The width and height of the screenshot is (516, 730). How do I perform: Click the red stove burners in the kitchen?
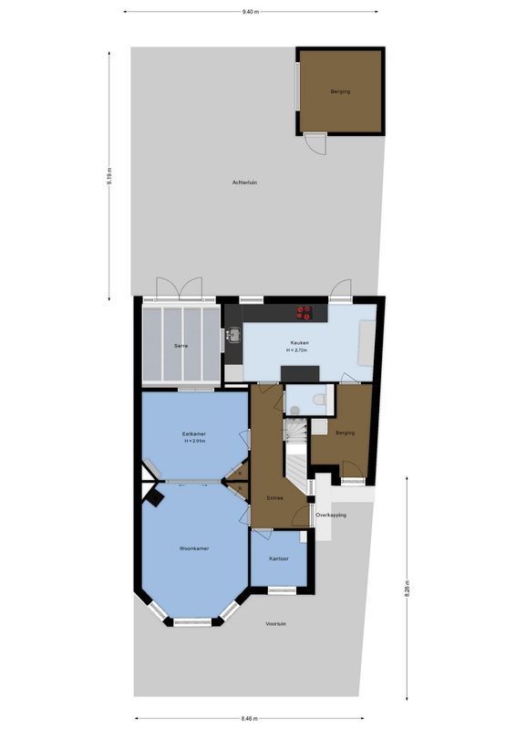coord(304,312)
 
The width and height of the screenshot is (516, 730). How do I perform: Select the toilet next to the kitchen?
coord(317,399)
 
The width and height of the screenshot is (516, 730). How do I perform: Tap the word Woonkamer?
coord(194,548)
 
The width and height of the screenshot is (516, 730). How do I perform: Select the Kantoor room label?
coord(279,558)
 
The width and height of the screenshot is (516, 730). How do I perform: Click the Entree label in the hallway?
coord(274,497)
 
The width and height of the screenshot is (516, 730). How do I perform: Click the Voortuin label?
coord(276,624)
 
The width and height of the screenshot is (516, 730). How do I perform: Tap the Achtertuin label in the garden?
coord(244,182)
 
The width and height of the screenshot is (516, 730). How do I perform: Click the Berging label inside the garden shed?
coord(340,92)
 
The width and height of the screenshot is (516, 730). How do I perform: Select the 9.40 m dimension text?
coord(251,11)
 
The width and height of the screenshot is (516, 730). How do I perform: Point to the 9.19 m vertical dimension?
coord(109,175)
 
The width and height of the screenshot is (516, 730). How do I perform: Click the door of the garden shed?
coord(315,144)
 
